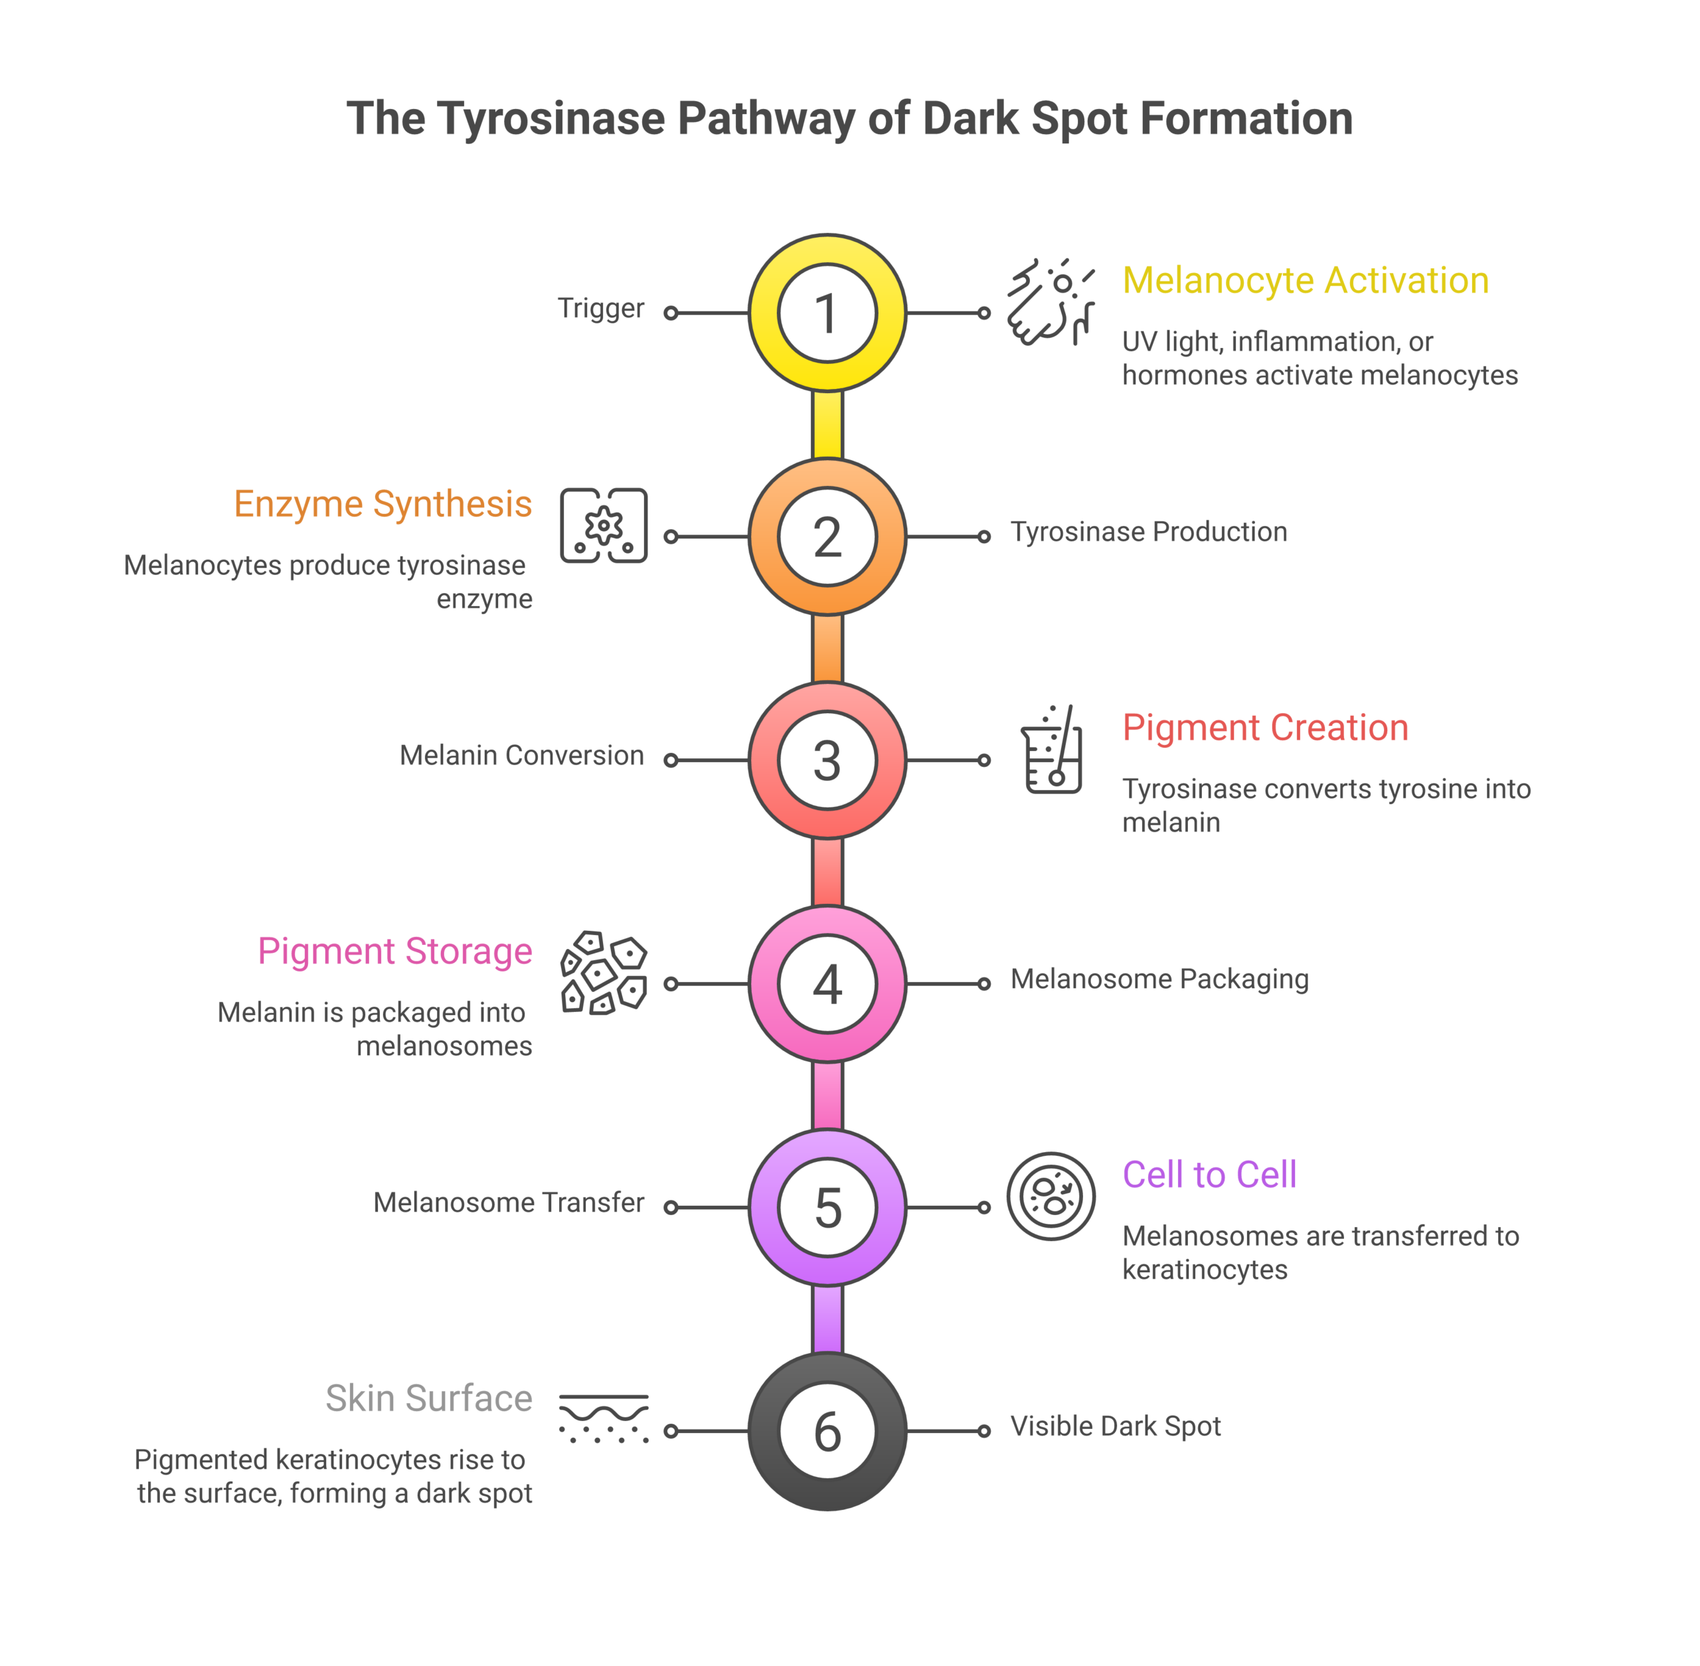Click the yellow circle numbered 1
click(827, 312)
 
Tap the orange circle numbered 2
click(827, 537)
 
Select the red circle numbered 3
click(827, 760)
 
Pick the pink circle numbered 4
click(827, 983)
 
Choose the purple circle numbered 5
click(827, 1207)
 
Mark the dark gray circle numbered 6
click(827, 1431)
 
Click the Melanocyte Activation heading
click(1304, 281)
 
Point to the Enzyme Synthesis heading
click(382, 504)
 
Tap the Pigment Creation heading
click(1264, 728)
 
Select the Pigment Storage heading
click(394, 951)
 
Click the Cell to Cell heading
click(1209, 1175)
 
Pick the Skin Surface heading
click(429, 1398)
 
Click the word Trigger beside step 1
click(600, 308)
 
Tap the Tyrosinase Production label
click(1148, 532)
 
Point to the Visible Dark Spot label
click(1115, 1426)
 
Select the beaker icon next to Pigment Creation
click(1052, 750)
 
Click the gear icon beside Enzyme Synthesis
click(604, 526)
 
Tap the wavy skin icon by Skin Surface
click(604, 1418)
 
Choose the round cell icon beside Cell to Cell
click(1051, 1196)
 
